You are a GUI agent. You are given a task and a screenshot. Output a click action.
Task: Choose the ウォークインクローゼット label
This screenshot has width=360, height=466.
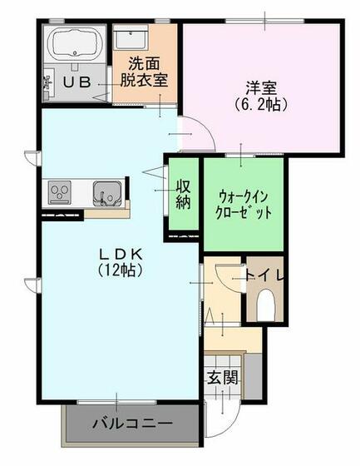244,205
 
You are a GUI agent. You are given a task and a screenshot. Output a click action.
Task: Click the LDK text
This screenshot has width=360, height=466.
117,253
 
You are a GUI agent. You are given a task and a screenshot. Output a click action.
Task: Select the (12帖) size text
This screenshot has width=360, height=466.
117,270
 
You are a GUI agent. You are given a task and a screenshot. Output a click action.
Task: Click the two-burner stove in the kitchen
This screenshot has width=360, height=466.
60,192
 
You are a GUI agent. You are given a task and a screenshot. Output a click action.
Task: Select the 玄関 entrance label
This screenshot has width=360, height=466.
222,377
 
